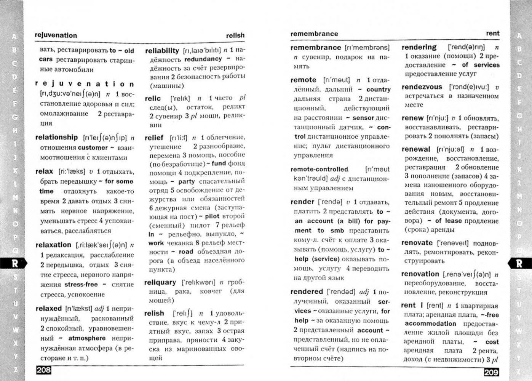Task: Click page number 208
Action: [x=43, y=370]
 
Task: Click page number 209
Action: [x=491, y=372]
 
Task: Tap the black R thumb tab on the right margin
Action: [x=519, y=263]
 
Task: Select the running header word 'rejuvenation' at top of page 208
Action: [x=56, y=35]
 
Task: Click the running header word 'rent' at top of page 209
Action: [x=492, y=34]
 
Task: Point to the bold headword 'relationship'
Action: [x=56, y=137]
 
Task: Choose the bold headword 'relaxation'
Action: [x=53, y=245]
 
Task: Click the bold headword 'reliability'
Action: [x=162, y=51]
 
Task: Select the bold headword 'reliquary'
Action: [x=160, y=282]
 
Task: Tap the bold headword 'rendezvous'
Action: [x=422, y=87]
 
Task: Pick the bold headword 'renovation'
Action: [x=420, y=274]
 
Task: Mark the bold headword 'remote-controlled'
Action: [x=319, y=169]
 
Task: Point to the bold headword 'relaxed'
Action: [x=48, y=308]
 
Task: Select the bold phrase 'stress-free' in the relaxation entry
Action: [x=81, y=284]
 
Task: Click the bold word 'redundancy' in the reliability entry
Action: [x=203, y=59]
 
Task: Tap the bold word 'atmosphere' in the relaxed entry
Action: [x=87, y=338]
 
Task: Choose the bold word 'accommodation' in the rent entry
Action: [x=430, y=323]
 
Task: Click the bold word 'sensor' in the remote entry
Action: [x=363, y=118]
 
